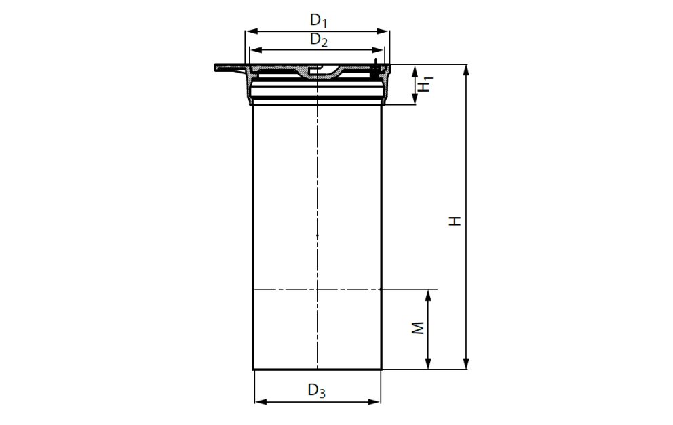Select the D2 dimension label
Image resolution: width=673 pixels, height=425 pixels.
(319, 40)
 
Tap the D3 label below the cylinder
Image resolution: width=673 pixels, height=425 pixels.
(317, 390)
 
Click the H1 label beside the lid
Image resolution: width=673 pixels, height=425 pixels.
(424, 85)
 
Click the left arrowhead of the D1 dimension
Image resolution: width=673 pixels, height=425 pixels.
(249, 31)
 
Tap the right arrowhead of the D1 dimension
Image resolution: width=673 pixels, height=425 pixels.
(387, 31)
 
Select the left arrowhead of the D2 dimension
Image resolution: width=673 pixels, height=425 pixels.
(254, 49)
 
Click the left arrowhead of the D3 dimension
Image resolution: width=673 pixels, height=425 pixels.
(258, 402)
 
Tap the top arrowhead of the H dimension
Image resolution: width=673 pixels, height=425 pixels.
(466, 69)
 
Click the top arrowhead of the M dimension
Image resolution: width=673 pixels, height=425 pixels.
(428, 294)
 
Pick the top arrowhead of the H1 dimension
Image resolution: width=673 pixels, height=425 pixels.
(415, 69)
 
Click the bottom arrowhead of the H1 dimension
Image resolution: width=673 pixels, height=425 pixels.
(415, 101)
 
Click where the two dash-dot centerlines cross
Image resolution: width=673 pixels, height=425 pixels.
(317, 289)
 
